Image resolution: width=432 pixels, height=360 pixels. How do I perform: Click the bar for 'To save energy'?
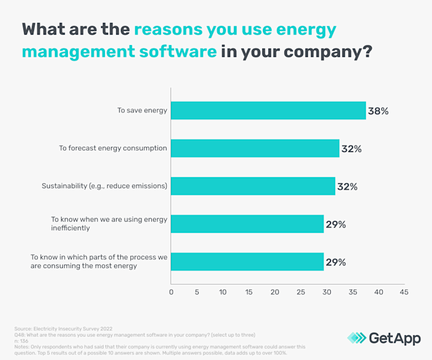pyautogui.click(x=268, y=111)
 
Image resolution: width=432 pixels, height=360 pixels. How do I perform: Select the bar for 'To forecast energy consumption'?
pyautogui.click(x=255, y=148)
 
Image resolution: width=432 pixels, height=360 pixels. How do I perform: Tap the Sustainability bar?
pyautogui.click(x=253, y=186)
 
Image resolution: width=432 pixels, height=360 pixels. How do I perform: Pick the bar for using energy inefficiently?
pyautogui.click(x=247, y=224)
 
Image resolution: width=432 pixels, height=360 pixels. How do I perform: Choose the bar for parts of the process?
pyautogui.click(x=247, y=261)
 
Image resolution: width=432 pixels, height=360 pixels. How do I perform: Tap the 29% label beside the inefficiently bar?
pyautogui.click(x=336, y=224)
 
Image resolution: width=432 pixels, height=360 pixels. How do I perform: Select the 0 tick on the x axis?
pyautogui.click(x=171, y=291)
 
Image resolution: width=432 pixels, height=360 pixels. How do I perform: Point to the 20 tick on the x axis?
pyautogui.click(x=275, y=291)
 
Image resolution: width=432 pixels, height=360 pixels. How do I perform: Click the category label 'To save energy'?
pyautogui.click(x=142, y=111)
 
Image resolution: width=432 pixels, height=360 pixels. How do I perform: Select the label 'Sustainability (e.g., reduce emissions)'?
pyautogui.click(x=104, y=186)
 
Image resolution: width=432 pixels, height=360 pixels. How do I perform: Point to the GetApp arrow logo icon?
pyautogui.click(x=356, y=337)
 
